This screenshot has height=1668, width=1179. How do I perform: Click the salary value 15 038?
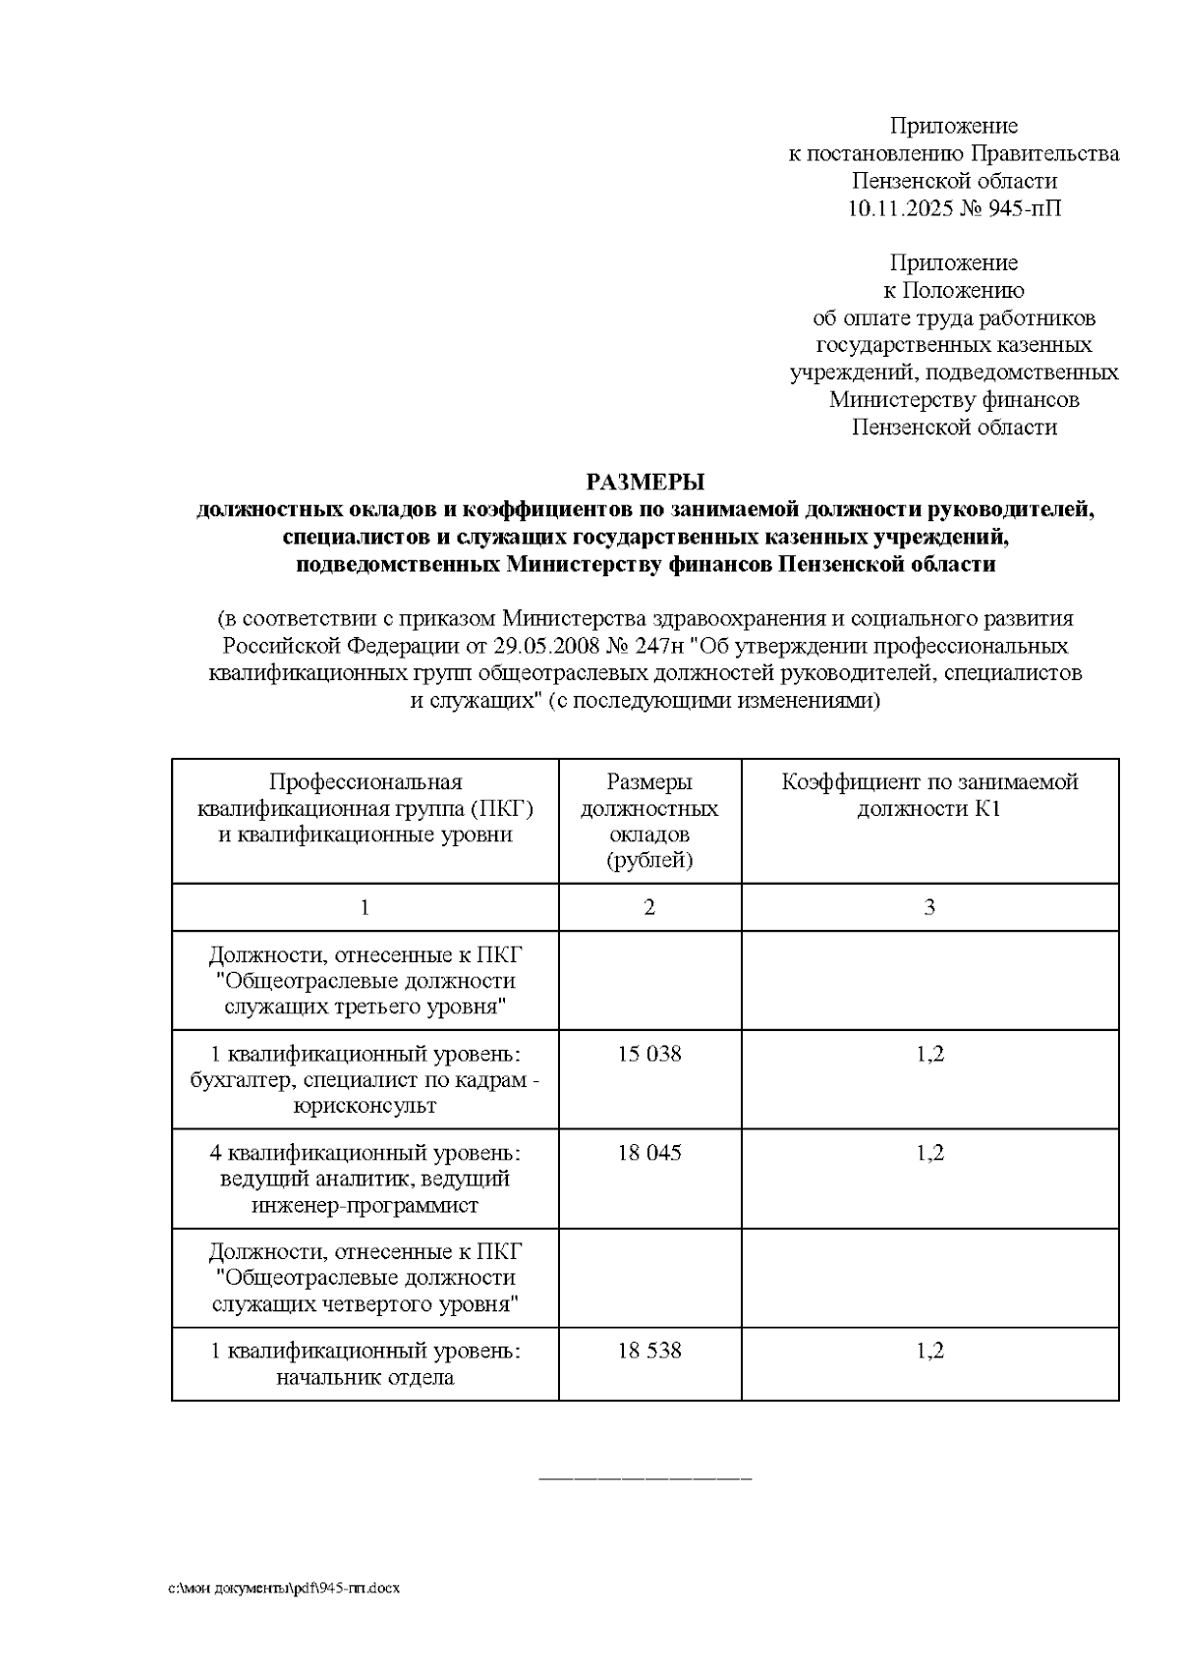click(x=648, y=1055)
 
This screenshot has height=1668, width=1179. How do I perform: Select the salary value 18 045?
click(x=648, y=1153)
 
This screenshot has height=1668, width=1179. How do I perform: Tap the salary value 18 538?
click(x=648, y=1352)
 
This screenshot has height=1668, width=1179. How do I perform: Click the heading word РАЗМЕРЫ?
click(x=646, y=483)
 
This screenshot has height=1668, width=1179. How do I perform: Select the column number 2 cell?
click(x=648, y=907)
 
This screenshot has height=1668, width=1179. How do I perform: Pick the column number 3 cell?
click(x=929, y=907)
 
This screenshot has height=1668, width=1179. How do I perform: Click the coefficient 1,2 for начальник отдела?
click(x=929, y=1352)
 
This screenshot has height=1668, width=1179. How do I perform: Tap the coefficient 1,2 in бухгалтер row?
click(x=929, y=1055)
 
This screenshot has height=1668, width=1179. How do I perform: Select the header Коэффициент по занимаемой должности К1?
click(x=929, y=796)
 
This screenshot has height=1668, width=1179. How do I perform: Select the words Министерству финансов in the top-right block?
click(x=954, y=400)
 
